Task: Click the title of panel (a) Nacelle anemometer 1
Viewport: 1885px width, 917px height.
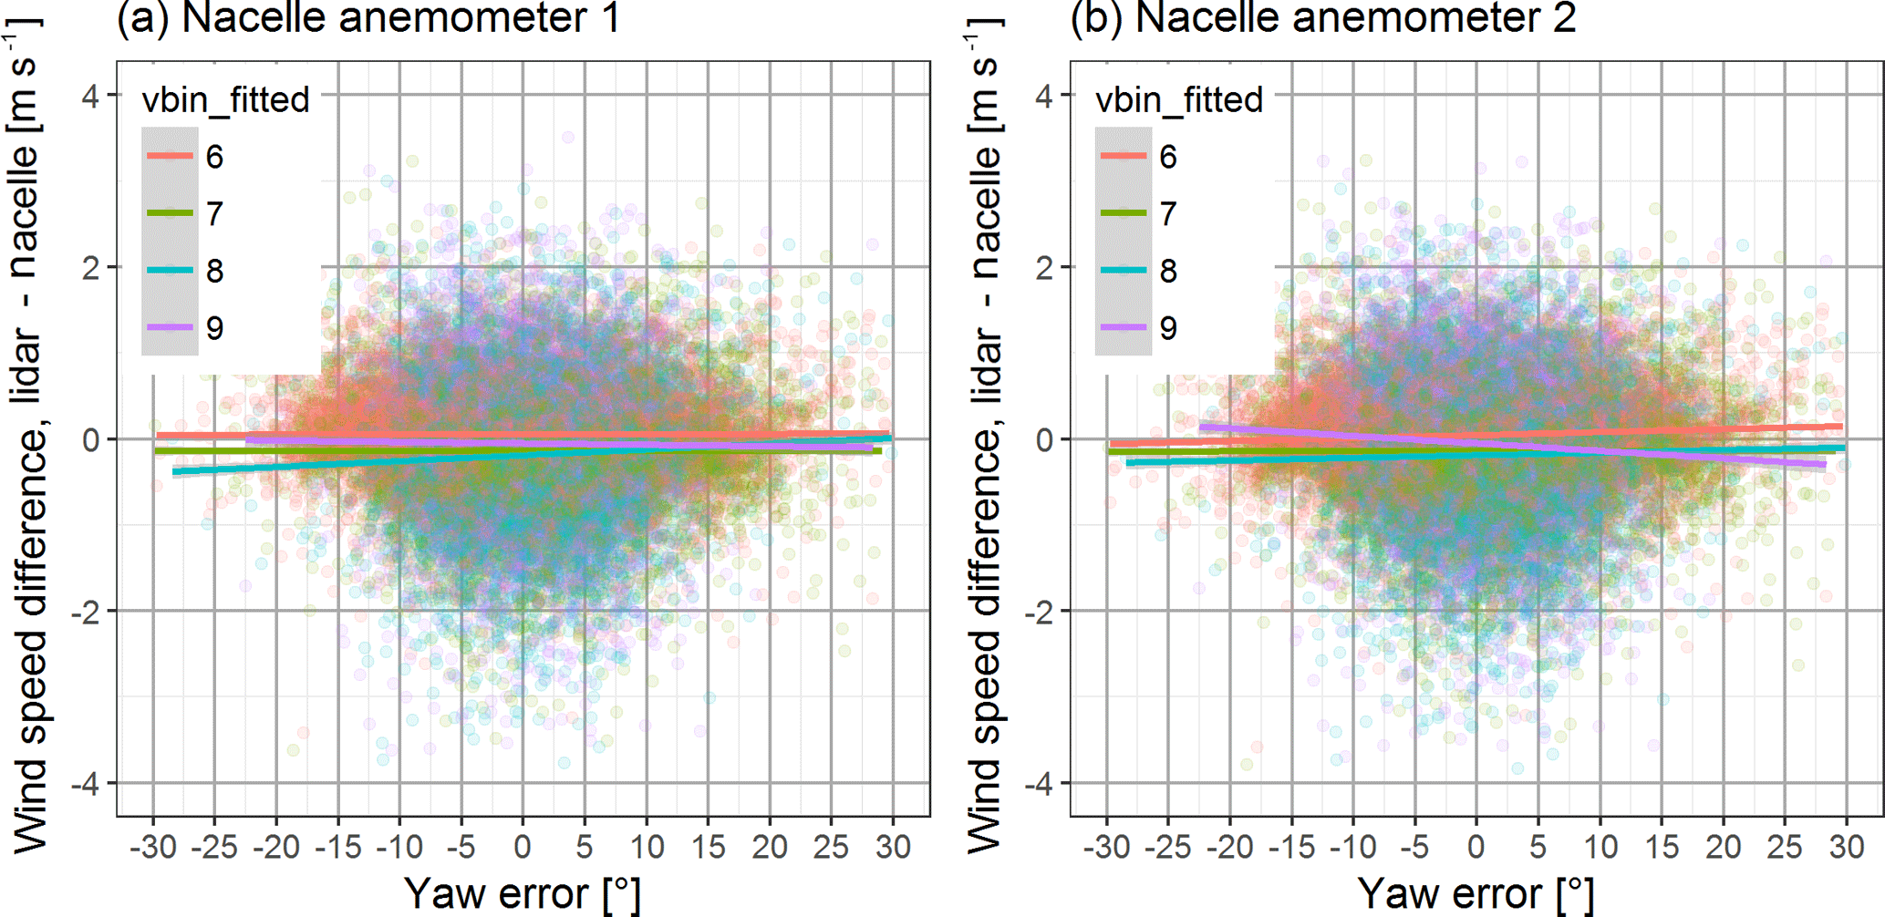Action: click(x=368, y=18)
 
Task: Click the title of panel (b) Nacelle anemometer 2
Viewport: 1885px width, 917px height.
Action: click(x=1322, y=18)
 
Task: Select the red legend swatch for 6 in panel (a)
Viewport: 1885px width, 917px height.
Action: click(x=171, y=157)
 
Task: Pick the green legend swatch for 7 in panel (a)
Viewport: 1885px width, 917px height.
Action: click(x=171, y=213)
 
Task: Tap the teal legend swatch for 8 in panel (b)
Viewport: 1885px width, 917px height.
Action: click(x=1124, y=271)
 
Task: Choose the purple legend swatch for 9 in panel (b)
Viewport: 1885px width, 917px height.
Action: click(x=1124, y=327)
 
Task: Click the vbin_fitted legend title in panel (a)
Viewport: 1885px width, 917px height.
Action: click(x=226, y=99)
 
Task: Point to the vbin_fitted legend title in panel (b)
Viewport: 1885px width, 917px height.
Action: click(x=1179, y=99)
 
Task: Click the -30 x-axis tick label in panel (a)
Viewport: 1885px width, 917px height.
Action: click(x=152, y=848)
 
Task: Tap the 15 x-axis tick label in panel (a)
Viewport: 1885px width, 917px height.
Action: click(x=709, y=848)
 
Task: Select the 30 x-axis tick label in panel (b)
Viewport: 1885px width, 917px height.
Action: click(x=1847, y=848)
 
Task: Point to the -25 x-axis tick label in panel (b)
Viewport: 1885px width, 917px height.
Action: click(x=1167, y=848)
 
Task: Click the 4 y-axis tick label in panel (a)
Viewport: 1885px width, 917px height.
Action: click(x=90, y=96)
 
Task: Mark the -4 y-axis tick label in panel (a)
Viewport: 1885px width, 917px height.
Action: click(x=86, y=784)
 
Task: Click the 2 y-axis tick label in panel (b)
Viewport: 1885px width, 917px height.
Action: click(x=1044, y=268)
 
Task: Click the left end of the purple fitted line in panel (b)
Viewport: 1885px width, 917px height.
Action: click(x=1202, y=427)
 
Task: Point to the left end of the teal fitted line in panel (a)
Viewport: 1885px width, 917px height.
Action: click(x=175, y=472)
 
